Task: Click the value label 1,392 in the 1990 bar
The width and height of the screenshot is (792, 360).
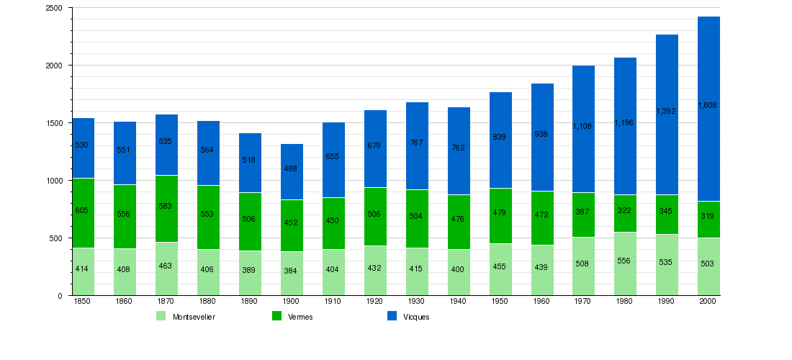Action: pyautogui.click(x=667, y=111)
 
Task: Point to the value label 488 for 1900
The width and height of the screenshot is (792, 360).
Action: pyautogui.click(x=291, y=168)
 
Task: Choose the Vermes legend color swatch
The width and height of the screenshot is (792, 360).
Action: pyautogui.click(x=276, y=316)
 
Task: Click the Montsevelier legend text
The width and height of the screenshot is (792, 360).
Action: pyautogui.click(x=194, y=317)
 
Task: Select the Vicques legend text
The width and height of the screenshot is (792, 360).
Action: pyautogui.click(x=416, y=317)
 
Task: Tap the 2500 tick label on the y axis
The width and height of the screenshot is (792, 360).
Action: pyautogui.click(x=54, y=8)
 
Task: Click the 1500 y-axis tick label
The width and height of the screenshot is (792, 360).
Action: pyautogui.click(x=54, y=123)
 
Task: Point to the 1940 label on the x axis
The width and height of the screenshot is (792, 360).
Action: pyautogui.click(x=458, y=302)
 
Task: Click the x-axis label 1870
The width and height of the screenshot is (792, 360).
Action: pyautogui.click(x=166, y=302)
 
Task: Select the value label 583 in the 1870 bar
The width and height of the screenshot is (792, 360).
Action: pyautogui.click(x=166, y=206)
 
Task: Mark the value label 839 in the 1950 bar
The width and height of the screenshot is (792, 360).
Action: pyautogui.click(x=500, y=137)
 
